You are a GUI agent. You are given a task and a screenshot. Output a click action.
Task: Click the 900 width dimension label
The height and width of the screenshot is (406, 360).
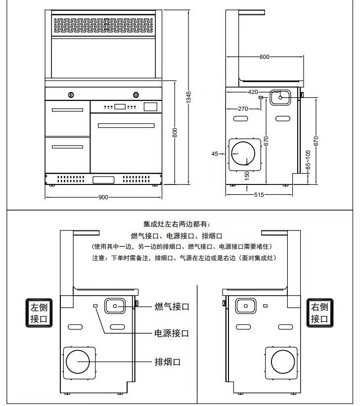coord(103,197)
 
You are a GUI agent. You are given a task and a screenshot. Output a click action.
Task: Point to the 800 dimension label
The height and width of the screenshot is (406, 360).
coord(175,133)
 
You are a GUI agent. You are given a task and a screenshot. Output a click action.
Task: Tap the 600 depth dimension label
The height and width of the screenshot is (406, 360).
coord(265,57)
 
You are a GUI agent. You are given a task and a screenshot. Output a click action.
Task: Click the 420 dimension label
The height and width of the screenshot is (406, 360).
coord(253,92)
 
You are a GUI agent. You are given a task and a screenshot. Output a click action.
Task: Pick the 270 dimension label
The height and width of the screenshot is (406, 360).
coord(243,109)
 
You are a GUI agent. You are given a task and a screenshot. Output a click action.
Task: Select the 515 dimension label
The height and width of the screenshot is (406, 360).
coord(259,195)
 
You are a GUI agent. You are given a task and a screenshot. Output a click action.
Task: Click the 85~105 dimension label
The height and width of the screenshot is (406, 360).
coord(308,160)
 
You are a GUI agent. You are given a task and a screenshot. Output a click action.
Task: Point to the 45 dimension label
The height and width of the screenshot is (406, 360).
coord(215,154)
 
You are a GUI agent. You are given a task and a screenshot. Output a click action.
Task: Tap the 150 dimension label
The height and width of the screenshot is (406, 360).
coord(247,176)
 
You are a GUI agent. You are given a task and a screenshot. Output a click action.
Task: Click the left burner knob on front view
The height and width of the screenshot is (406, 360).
coord(71,94)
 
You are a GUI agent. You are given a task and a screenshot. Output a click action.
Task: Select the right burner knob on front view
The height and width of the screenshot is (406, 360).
coord(135,94)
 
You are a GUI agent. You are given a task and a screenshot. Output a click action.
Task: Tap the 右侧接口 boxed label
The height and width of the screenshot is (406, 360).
coord(320,313)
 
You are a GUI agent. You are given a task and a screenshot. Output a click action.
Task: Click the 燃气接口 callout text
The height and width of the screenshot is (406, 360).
coord(172,307)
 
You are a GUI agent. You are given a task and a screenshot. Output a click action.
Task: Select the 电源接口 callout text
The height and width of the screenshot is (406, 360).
coord(172,333)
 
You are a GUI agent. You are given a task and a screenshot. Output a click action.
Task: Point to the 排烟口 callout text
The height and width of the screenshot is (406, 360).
coord(168,362)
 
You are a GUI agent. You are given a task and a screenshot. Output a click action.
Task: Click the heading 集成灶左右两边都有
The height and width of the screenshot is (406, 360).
coord(177,225)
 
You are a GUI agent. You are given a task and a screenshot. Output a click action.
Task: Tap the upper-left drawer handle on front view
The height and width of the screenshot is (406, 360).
coord(67,110)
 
